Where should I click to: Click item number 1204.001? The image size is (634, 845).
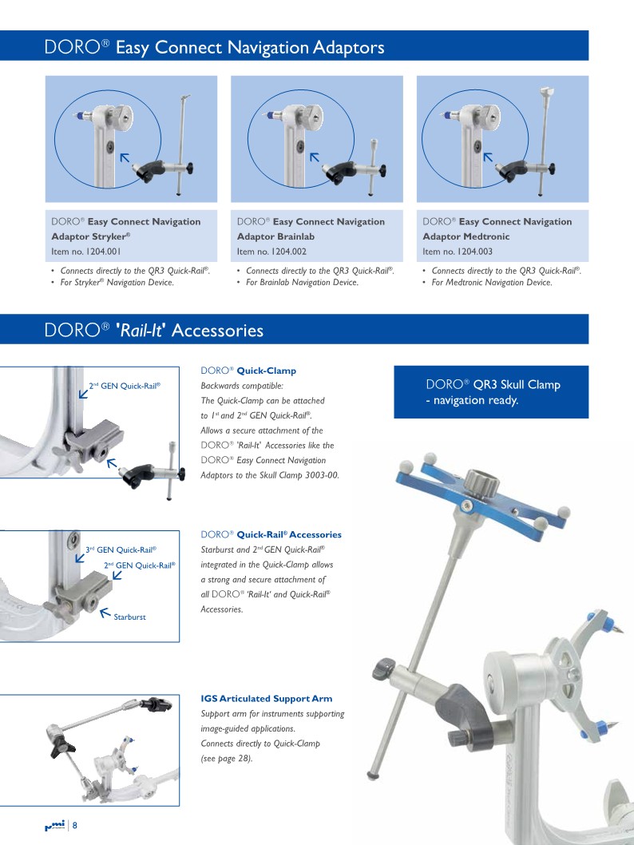[86, 251]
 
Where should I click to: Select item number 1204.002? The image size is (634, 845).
[271, 251]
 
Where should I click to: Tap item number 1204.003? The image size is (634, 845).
[458, 251]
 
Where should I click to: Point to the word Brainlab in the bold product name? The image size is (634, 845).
[296, 236]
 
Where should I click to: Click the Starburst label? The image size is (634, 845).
[129, 617]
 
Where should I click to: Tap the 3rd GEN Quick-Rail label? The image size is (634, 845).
[121, 549]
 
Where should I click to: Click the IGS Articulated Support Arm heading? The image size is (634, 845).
[267, 698]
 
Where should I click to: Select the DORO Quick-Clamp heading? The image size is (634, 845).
[248, 371]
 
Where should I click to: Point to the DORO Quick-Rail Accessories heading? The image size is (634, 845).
[271, 534]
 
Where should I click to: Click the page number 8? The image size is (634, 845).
[75, 825]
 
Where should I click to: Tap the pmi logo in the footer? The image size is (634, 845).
[54, 825]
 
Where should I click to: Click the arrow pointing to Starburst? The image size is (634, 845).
[105, 613]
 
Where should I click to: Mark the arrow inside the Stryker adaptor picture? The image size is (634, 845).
[125, 158]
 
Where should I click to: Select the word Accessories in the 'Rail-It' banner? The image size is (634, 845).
[218, 330]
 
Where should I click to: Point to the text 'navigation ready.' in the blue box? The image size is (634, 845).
[476, 400]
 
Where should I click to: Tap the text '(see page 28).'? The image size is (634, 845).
[227, 758]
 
